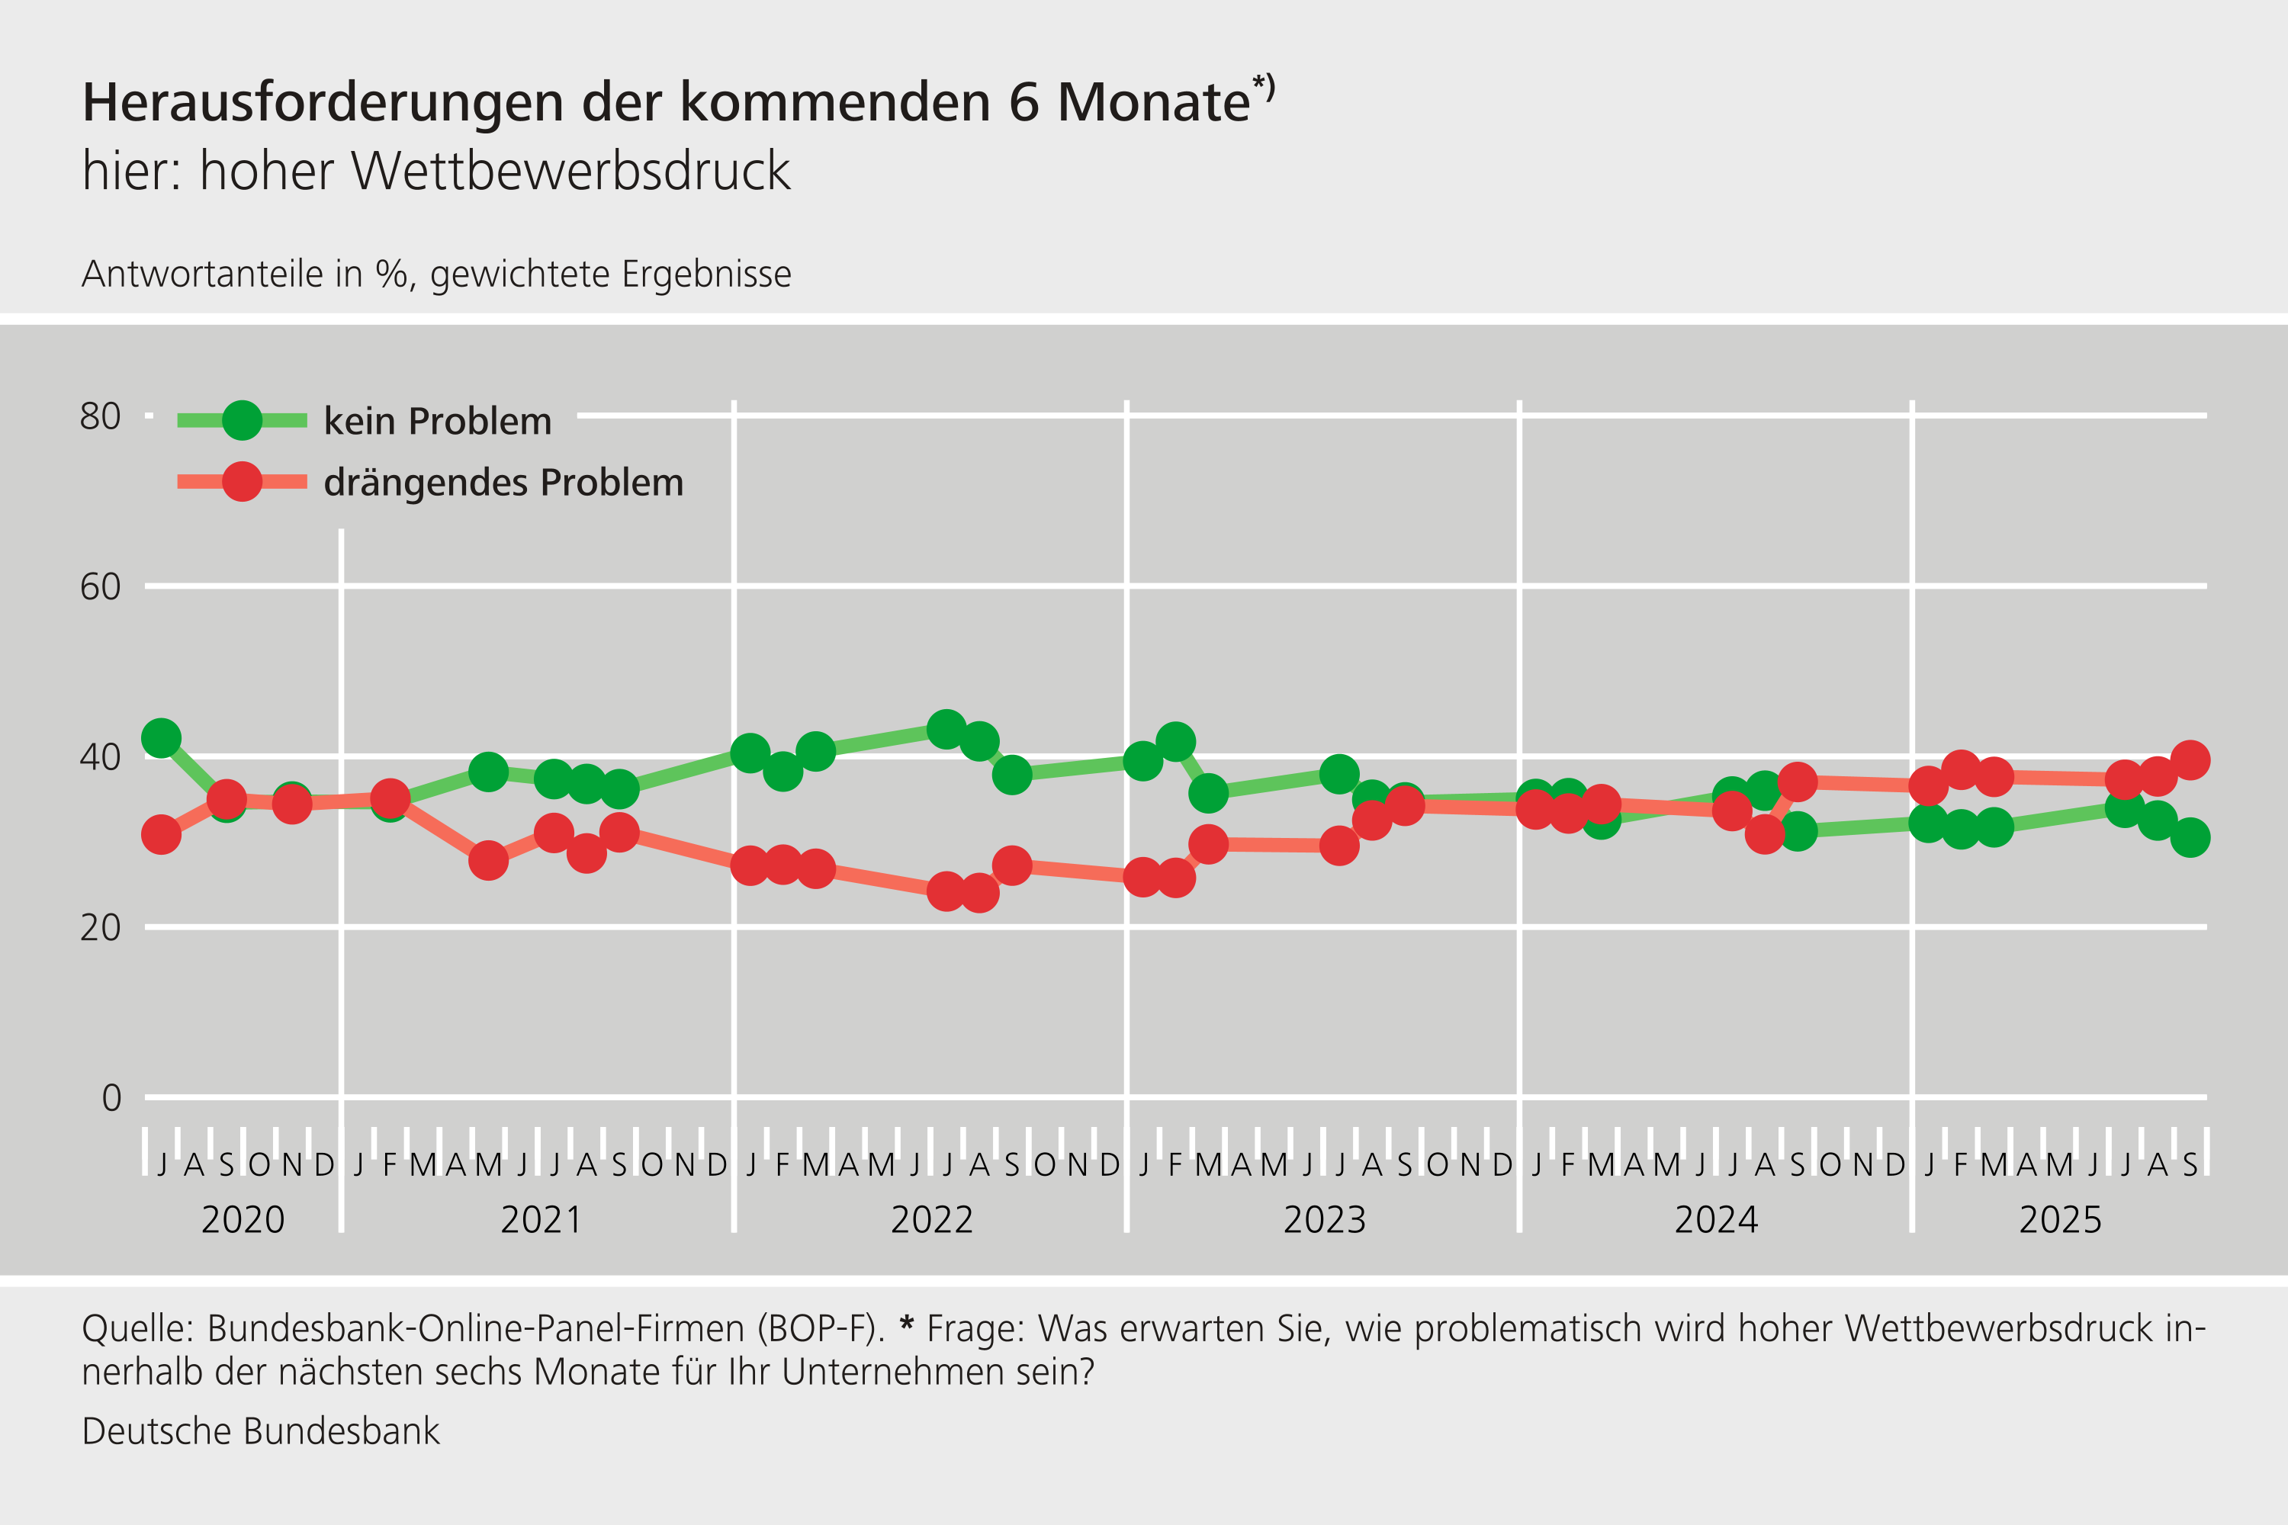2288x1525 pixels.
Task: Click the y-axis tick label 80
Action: pos(100,416)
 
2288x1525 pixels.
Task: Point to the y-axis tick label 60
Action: pos(100,586)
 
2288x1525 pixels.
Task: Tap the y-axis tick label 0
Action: pos(111,1098)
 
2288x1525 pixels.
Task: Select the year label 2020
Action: pos(243,1219)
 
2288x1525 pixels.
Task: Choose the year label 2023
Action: pos(1324,1219)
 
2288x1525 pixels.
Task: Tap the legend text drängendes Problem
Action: pos(503,483)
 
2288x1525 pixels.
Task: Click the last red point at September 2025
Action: pos(2190,759)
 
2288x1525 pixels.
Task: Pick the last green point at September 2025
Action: pos(2190,837)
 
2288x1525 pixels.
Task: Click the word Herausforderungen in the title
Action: pos(323,102)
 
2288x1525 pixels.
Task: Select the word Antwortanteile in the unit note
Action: pos(202,274)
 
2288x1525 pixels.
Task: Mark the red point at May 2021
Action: pos(488,860)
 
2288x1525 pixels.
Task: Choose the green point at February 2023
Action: pos(1175,742)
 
